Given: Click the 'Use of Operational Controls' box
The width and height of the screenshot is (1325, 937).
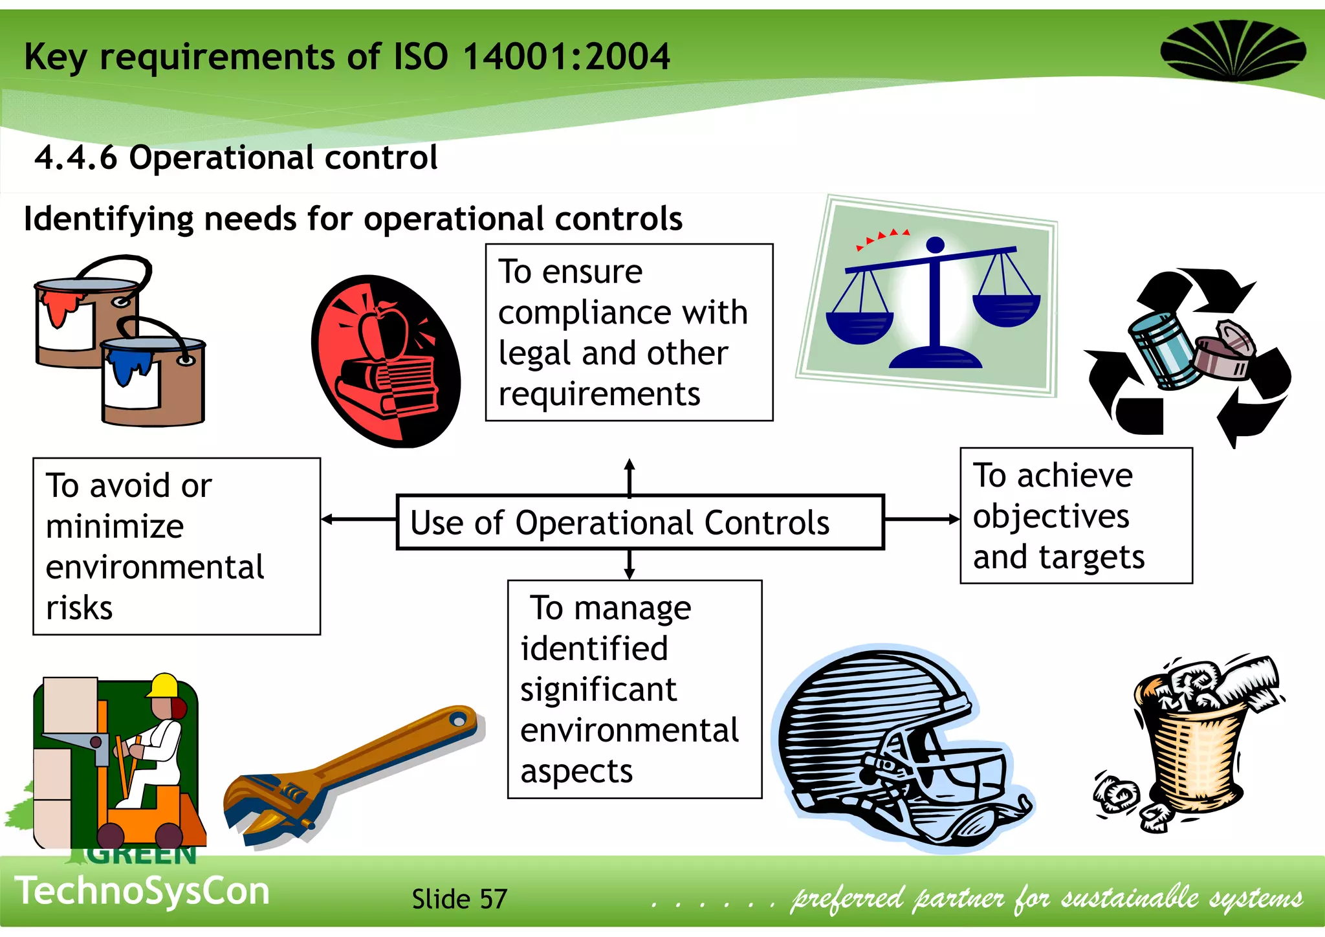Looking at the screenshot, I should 639,522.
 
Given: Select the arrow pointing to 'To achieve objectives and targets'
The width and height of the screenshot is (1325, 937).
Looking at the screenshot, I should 921,519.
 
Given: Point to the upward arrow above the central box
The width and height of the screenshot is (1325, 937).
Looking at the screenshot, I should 630,476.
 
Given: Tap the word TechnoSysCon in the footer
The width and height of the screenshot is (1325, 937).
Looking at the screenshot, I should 142,891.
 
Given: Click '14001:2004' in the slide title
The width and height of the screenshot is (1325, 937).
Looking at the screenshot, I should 566,56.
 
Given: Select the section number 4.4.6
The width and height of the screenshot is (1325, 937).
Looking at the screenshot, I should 76,157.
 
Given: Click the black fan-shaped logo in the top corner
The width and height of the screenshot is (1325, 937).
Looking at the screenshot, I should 1232,50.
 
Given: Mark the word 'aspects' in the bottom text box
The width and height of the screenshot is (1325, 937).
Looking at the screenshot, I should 576,771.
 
